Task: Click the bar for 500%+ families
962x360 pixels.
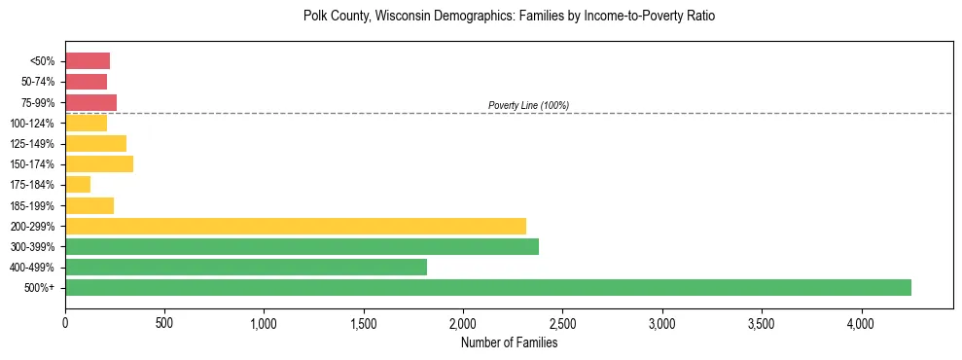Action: (x=486, y=287)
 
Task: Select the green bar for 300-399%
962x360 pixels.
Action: (x=302, y=246)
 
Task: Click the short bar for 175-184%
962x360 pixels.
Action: (x=78, y=185)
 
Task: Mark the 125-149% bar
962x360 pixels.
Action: (x=95, y=144)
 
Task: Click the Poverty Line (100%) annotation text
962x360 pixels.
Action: (x=528, y=105)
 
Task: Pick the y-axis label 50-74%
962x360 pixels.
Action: (x=37, y=82)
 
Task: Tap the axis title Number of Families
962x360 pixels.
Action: (x=509, y=342)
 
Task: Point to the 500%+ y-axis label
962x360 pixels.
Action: (x=41, y=288)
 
